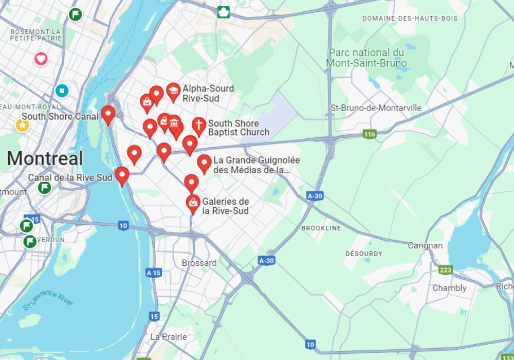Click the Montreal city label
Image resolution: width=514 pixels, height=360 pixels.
pos(45,158)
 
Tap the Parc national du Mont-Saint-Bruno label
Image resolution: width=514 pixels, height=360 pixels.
pos(366,58)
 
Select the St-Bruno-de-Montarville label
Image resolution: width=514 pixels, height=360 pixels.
pos(376,108)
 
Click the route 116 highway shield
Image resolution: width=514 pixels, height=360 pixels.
pos(369,134)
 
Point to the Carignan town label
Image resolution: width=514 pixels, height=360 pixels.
pos(425,245)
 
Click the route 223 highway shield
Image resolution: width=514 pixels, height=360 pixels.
pos(445,269)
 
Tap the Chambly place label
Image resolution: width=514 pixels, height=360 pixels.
pos(449,288)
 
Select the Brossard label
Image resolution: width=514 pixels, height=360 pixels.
pos(199,263)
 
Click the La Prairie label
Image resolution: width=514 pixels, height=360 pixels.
pos(169,337)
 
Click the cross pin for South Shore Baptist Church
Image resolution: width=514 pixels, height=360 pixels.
pos(198,125)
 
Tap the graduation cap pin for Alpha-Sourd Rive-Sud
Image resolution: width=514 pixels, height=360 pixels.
pos(173,91)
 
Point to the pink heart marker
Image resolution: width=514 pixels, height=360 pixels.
pos(41,59)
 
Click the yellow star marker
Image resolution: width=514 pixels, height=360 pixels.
pos(22,125)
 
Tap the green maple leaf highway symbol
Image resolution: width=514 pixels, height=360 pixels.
pos(223,12)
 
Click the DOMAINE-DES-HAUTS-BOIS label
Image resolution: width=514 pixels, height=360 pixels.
pos(410,19)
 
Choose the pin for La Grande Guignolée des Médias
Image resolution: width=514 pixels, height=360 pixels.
pos(204,163)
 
